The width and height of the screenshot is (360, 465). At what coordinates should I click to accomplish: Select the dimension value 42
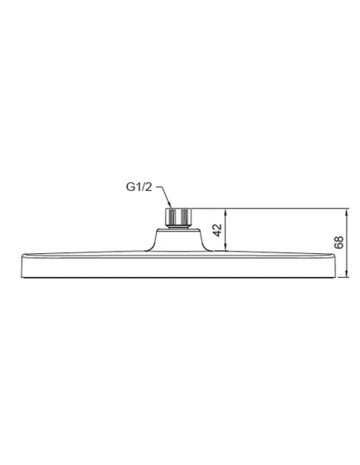[x=217, y=231]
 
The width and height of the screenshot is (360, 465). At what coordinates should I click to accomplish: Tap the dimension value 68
[x=338, y=243]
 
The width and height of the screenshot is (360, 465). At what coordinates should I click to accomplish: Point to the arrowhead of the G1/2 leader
[x=168, y=205]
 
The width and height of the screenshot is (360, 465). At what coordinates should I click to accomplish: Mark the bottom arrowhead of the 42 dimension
[x=226, y=250]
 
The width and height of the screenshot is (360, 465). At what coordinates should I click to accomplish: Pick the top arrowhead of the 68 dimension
[x=348, y=211]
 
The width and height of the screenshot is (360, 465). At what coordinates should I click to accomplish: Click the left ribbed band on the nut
[x=168, y=216]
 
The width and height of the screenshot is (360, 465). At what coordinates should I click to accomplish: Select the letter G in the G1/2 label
[x=130, y=188]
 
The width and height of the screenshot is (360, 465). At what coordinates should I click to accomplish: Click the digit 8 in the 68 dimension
[x=338, y=239]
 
